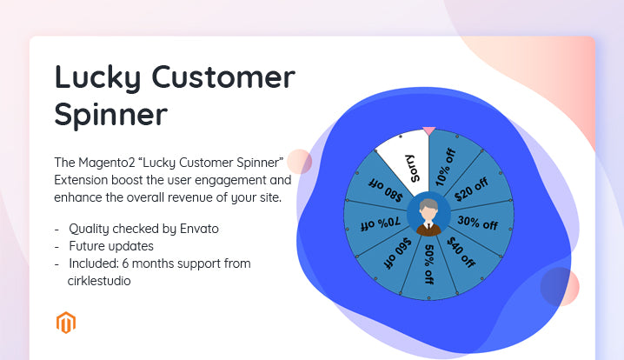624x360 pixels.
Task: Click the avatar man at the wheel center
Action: [x=428, y=215]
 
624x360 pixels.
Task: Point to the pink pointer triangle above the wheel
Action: [x=428, y=130]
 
